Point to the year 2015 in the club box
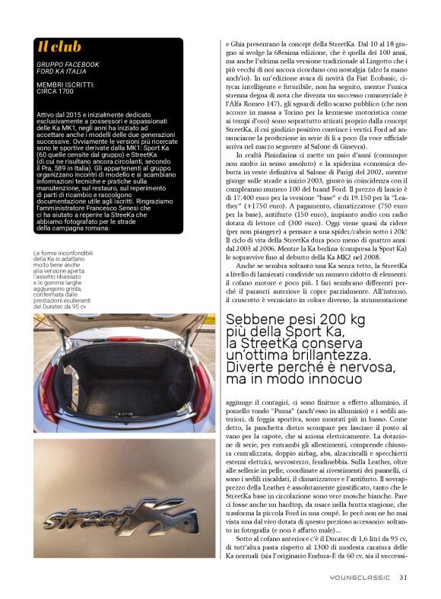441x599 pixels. coord(68,113)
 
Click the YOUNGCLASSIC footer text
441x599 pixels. coord(360,577)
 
